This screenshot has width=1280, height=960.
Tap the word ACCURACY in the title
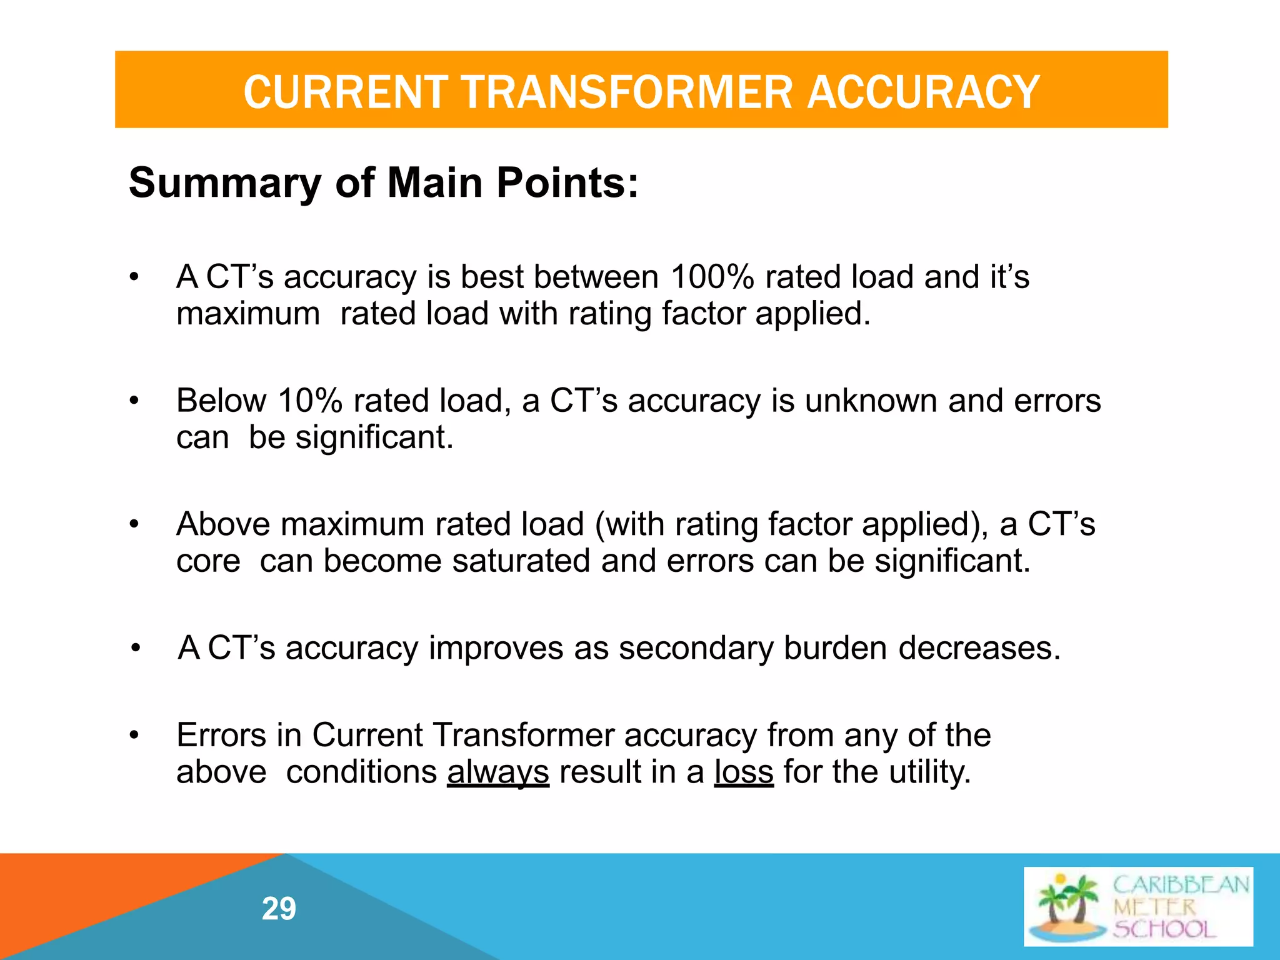[x=923, y=92]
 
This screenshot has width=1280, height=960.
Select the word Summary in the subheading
[x=224, y=183]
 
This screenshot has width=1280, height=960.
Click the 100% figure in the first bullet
[x=712, y=277]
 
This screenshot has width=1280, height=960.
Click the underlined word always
[x=498, y=772]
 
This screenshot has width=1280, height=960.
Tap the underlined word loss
[x=744, y=772]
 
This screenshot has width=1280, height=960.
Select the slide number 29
[x=279, y=909]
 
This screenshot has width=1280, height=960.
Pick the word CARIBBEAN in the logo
[x=1181, y=885]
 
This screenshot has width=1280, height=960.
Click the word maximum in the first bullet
[x=248, y=314]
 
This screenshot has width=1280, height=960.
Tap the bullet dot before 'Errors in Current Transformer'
[x=133, y=736]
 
